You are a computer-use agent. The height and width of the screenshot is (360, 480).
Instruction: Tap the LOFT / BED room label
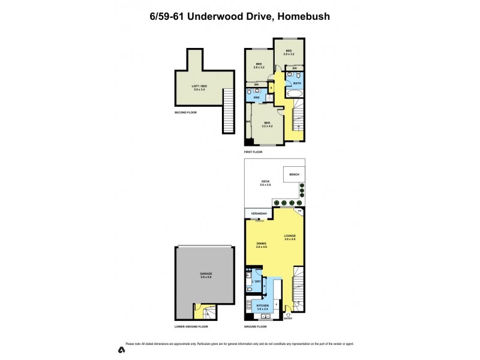[199, 88]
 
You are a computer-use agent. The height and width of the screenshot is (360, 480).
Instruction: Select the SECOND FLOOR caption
[185, 112]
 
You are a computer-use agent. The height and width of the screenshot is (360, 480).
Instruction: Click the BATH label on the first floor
[296, 83]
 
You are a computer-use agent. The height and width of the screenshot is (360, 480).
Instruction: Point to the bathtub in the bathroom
[295, 94]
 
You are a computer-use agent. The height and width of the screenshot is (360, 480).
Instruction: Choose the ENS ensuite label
[256, 97]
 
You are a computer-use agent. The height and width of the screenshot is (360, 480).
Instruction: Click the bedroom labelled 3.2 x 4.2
[267, 124]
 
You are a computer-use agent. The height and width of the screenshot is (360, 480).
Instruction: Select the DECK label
[265, 183]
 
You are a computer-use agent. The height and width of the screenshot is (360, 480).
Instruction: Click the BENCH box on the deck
[294, 174]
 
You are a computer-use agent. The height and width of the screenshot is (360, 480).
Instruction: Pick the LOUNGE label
[290, 237]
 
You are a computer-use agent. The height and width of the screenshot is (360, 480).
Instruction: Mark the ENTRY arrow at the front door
[289, 315]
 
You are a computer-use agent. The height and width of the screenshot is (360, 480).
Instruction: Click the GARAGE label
[206, 275]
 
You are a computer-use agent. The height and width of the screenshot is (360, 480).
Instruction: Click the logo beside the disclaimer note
[121, 349]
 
